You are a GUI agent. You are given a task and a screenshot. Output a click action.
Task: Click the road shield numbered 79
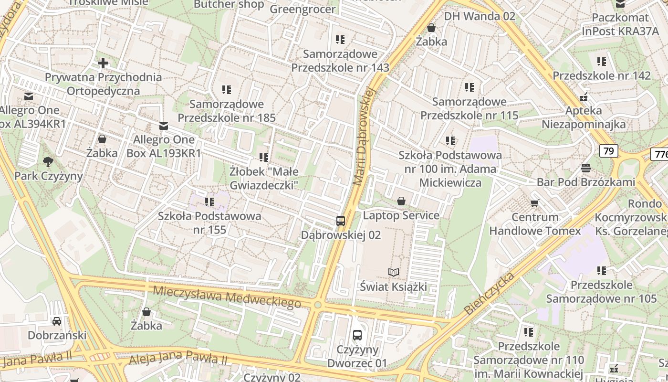click(609, 151)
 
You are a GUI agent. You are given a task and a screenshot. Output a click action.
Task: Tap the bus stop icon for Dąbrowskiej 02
click(341, 221)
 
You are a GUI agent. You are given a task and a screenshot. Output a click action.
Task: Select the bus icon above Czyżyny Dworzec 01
click(357, 335)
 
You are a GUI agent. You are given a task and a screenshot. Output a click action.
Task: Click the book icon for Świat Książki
click(394, 273)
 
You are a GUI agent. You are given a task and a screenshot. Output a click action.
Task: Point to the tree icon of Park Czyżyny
click(48, 161)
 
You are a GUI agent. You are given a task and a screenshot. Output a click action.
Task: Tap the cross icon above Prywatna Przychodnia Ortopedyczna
click(103, 63)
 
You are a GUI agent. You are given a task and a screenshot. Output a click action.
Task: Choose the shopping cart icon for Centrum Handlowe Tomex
click(535, 203)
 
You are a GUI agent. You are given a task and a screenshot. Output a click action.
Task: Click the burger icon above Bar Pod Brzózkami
click(586, 168)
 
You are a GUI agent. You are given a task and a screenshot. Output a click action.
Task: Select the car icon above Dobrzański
click(57, 321)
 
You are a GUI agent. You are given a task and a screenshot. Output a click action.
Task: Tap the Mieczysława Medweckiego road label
click(227, 296)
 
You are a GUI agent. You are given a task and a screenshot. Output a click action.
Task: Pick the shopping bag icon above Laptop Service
click(401, 201)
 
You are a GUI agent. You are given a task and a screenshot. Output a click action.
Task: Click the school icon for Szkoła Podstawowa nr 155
click(209, 202)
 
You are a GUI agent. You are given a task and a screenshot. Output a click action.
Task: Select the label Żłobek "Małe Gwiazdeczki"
click(264, 178)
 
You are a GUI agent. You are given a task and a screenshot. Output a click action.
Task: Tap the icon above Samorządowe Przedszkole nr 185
click(226, 89)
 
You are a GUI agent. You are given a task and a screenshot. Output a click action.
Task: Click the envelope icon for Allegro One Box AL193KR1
click(164, 126)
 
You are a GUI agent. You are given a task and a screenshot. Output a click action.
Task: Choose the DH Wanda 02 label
click(480, 16)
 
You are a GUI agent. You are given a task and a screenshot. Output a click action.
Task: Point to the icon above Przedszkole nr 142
click(602, 61)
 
